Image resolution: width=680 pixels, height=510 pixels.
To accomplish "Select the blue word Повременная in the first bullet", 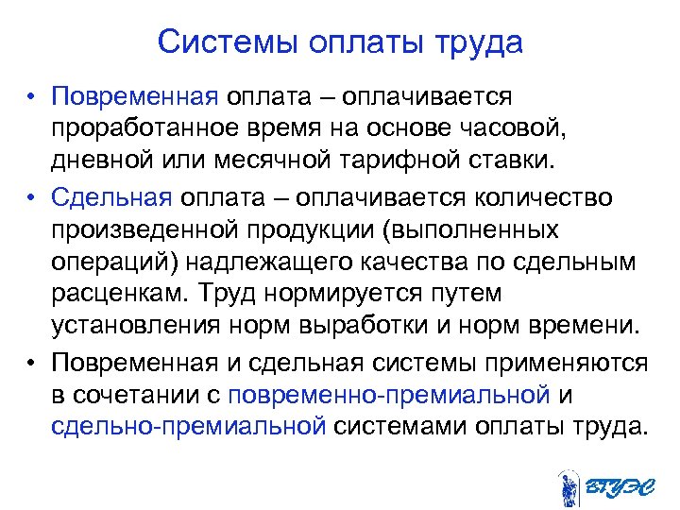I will [x=136, y=95].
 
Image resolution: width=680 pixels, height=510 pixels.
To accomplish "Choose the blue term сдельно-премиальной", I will [x=189, y=425].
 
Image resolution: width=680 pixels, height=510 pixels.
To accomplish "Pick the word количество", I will [x=544, y=197].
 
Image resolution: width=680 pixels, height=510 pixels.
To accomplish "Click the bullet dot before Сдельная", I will [x=32, y=198].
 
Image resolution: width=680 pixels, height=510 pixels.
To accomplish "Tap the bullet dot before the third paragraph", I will [x=32, y=364].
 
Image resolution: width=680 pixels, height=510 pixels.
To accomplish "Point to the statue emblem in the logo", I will [x=568, y=485].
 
